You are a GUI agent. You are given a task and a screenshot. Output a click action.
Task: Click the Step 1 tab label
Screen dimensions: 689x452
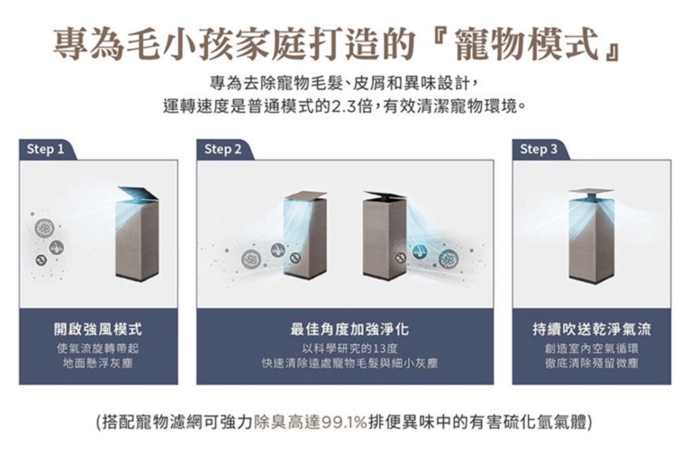[46, 149]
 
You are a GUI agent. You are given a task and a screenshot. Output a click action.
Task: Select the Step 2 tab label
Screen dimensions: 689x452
[223, 149]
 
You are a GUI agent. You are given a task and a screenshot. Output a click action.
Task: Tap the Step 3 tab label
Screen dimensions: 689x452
[539, 149]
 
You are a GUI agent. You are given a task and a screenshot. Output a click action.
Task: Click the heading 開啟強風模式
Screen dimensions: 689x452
[98, 328]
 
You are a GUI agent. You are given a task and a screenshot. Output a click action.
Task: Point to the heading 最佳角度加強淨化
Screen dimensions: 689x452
[349, 328]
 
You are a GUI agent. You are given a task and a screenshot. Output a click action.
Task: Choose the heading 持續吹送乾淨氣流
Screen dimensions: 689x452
[591, 328]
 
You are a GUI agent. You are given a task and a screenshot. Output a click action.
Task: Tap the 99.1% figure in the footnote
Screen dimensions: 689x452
[344, 422]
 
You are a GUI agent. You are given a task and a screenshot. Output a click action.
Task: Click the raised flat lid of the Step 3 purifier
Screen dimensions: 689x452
[591, 191]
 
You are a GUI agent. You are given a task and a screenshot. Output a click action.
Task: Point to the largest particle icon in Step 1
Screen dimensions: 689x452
[44, 227]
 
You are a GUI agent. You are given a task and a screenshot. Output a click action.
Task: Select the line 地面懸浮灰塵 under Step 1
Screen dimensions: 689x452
[98, 363]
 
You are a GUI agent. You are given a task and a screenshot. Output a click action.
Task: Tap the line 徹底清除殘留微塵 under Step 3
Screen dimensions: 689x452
[591, 363]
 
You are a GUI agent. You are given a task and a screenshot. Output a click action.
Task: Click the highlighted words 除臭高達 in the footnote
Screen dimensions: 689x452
[287, 422]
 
